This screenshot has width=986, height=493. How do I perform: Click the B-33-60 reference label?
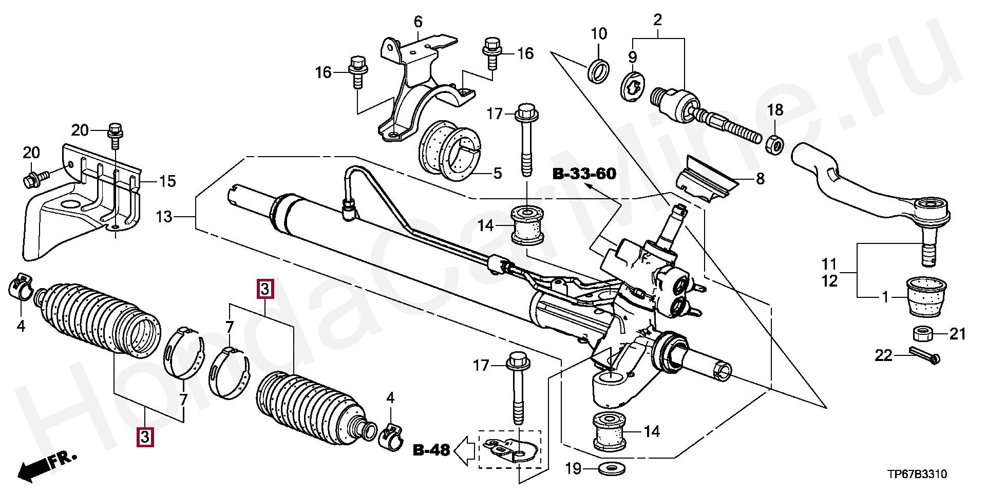584,174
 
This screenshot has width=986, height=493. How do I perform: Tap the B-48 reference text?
431,450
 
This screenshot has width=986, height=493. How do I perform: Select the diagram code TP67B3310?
916,474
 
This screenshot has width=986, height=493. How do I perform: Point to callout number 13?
164,217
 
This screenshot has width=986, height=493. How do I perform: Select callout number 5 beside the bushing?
497,173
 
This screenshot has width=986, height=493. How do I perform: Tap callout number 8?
760,179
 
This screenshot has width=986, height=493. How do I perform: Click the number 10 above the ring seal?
599,34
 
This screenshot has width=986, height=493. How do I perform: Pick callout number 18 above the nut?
775,110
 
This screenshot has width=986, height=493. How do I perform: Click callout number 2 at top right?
658,21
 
